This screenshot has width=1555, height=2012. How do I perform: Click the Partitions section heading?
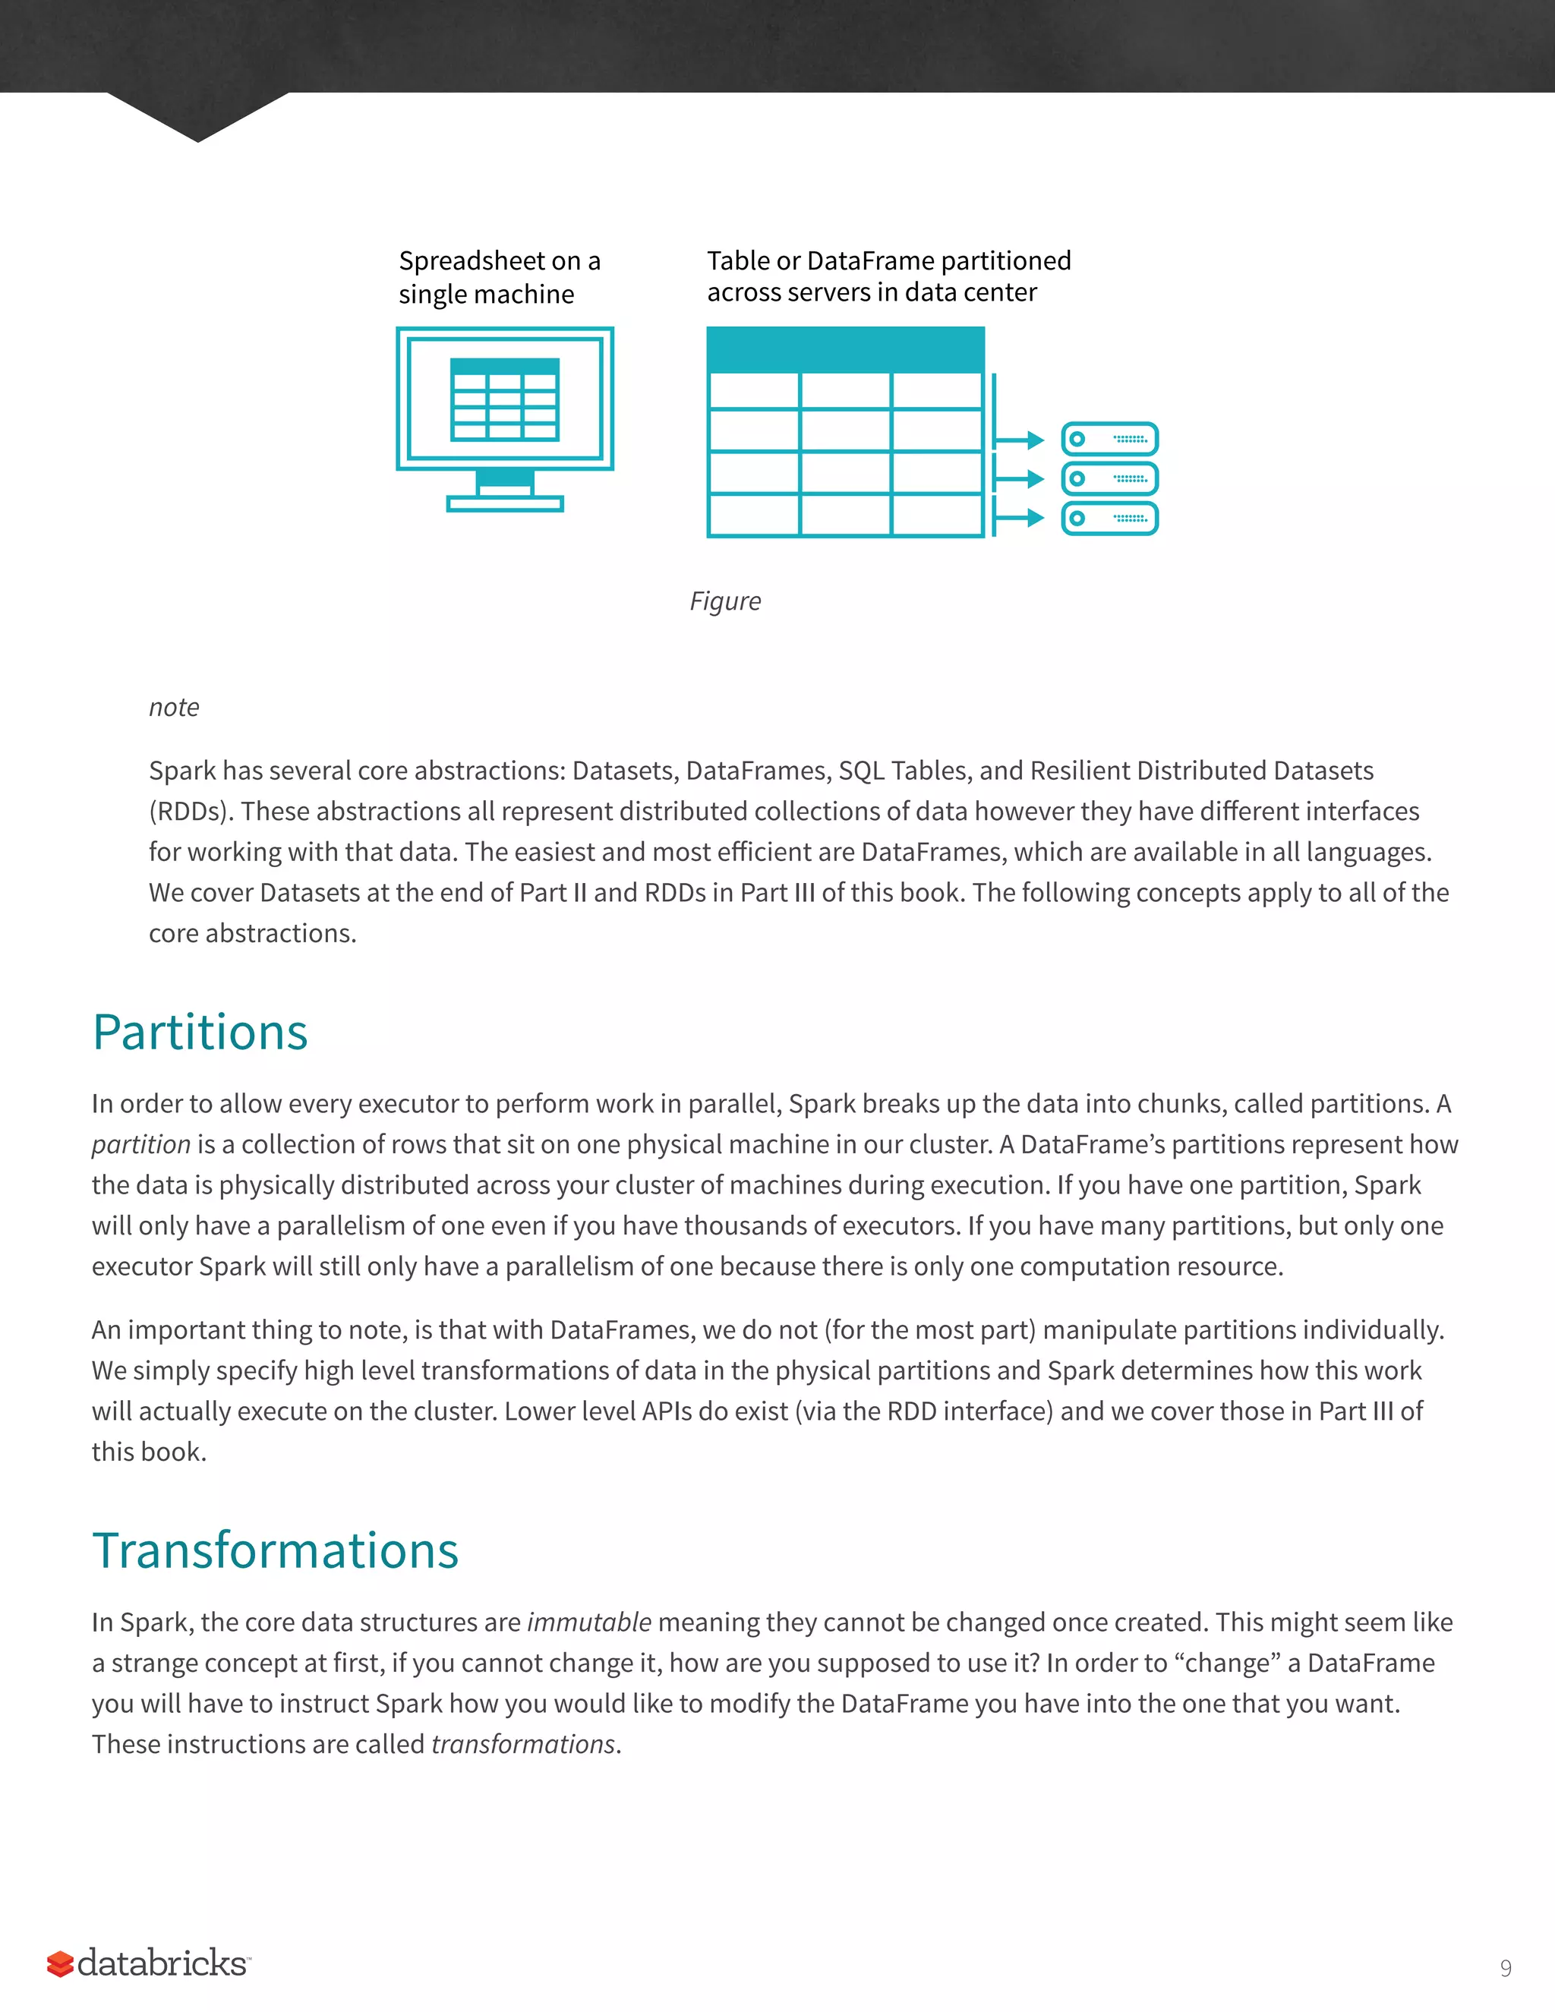click(x=200, y=1032)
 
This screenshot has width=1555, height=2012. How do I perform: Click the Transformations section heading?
click(x=276, y=1550)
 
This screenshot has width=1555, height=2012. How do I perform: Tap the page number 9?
click(x=1505, y=1968)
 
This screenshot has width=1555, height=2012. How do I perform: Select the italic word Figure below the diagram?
click(x=725, y=601)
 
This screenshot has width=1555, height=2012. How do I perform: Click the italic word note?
click(x=174, y=708)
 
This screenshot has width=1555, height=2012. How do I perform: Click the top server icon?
click(x=1109, y=440)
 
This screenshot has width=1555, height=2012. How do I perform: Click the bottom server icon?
click(x=1109, y=519)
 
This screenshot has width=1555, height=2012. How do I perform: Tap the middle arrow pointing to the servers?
click(x=1019, y=479)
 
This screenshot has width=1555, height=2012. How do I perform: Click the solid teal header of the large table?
click(x=845, y=350)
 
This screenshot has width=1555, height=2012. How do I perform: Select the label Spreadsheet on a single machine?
click(x=498, y=277)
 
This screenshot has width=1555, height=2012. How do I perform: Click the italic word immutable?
click(x=588, y=1623)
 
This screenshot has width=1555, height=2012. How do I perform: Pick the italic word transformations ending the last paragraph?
click(x=522, y=1744)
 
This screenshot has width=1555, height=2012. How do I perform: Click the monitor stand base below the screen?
click(x=505, y=504)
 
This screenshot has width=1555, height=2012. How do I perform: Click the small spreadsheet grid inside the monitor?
click(x=505, y=400)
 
